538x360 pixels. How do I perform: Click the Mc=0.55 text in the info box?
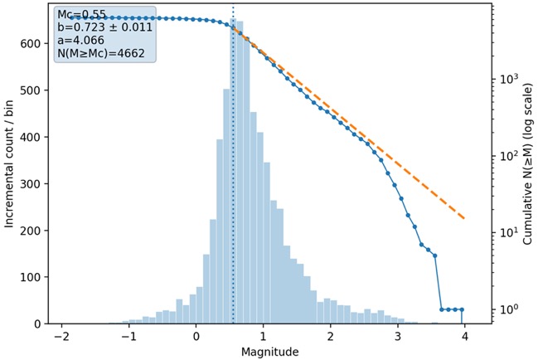tap(82, 15)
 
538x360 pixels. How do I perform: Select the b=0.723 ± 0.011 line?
tap(104, 27)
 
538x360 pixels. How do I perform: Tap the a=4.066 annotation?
tap(80, 41)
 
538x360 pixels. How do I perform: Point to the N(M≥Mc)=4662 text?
tap(101, 54)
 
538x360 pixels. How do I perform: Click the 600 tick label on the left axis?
tap(31, 44)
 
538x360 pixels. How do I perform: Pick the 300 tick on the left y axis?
tap(31, 184)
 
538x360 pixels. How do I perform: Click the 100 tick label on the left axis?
tap(31, 277)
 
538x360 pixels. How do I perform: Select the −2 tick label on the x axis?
tap(62, 336)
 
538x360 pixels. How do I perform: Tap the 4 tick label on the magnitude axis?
tap(464, 336)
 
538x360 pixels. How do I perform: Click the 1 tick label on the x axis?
tap(263, 336)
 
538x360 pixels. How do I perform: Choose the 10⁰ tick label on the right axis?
tap(508, 309)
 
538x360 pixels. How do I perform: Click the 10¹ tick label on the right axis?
tap(508, 231)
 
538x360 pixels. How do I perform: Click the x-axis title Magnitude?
tap(269, 352)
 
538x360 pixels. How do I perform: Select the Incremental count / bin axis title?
tap(9, 164)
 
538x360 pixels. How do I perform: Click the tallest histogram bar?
tap(233, 171)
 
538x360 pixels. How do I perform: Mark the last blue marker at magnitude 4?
tap(462, 309)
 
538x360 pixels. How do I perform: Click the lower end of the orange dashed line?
tap(464, 218)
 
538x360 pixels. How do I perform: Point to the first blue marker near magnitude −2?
tap(72, 17)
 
